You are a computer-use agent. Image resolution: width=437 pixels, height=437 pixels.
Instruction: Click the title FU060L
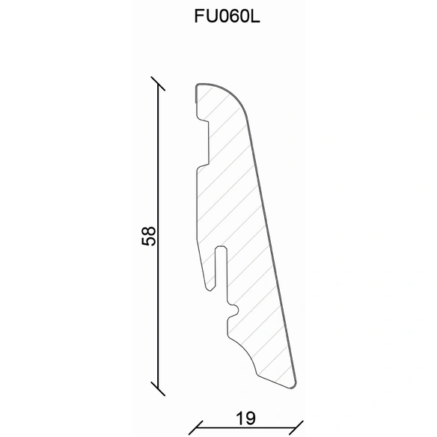[227, 16]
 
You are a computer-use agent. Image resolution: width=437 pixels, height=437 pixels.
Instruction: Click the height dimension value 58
[148, 236]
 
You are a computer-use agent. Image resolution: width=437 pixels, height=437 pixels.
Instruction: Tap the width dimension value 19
[245, 418]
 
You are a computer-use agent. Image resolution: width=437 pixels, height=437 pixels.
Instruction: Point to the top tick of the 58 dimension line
[158, 84]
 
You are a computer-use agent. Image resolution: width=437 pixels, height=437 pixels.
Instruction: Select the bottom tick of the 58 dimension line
[158, 389]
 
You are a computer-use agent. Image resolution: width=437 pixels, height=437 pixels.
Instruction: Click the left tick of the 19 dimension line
[195, 428]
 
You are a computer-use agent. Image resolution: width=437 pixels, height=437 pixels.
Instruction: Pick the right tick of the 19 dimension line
[296, 428]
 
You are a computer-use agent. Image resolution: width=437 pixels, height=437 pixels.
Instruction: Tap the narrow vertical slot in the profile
[221, 268]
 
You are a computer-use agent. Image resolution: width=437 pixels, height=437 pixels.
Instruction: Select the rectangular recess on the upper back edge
[204, 142]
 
